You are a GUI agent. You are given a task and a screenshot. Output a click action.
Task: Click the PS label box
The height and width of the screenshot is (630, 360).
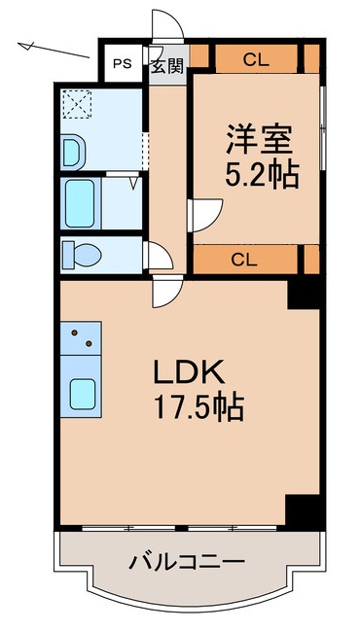tap(122, 65)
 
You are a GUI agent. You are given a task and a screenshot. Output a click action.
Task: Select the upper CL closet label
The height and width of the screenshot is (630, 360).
tap(256, 59)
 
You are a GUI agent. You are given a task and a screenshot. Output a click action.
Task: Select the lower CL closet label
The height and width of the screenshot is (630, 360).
tap(244, 259)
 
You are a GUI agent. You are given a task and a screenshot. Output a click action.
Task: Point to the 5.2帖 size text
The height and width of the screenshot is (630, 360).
tap(262, 176)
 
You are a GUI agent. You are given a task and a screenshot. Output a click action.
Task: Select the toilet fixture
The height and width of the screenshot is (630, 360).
tap(82, 254)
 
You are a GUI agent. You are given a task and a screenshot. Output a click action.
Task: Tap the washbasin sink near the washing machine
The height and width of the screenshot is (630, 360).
tap(73, 150)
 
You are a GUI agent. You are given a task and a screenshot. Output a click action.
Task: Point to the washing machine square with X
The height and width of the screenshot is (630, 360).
tap(76, 104)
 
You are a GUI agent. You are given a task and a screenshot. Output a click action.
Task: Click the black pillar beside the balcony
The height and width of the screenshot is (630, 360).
tap(303, 509)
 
